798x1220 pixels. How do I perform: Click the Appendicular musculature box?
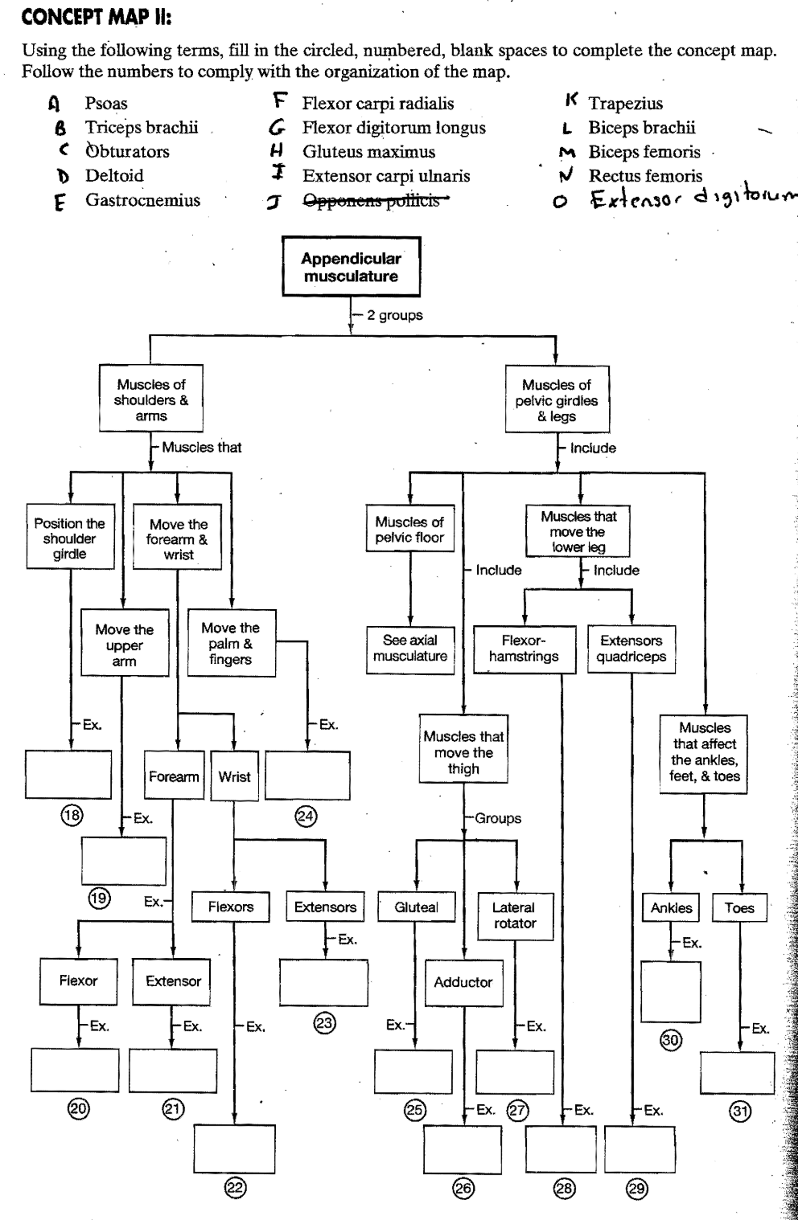[351, 267]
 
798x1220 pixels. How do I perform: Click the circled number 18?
[72, 815]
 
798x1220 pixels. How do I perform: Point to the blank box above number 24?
[307, 776]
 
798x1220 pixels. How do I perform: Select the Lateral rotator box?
[514, 915]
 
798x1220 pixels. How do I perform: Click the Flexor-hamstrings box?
[524, 649]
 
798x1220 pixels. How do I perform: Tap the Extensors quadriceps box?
[631, 649]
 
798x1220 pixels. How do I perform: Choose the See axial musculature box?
[410, 648]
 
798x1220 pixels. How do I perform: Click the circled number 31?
[739, 1112]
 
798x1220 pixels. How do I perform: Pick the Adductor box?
[463, 982]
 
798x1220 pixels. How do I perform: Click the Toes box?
[739, 908]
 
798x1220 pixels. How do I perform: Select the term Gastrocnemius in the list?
[142, 200]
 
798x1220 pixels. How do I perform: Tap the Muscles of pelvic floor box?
[409, 529]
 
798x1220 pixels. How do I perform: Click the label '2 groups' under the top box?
[394, 315]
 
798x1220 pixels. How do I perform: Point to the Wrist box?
[234, 776]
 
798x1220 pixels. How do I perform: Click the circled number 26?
[463, 1188]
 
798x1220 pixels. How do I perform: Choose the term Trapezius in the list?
[625, 103]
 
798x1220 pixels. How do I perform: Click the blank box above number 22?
[234, 1148]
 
